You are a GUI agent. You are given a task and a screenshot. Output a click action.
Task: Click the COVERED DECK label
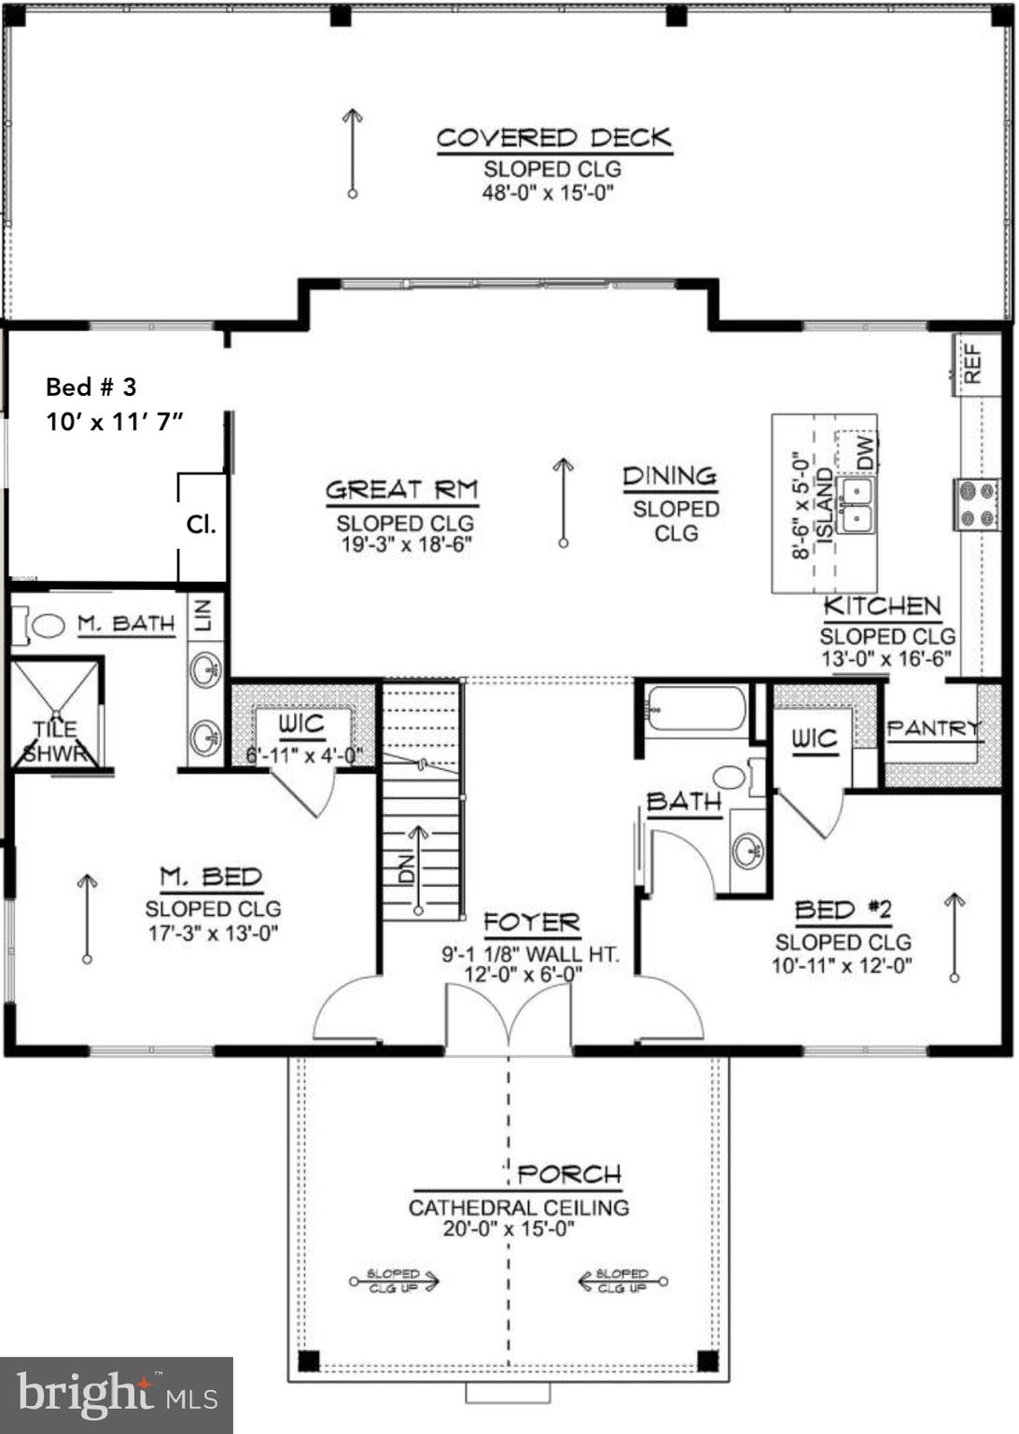554,138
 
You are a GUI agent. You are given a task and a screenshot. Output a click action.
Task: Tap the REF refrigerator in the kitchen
972,364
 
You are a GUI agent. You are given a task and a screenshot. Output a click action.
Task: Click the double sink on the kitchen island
855,505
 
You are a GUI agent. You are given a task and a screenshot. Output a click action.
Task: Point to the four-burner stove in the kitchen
976,504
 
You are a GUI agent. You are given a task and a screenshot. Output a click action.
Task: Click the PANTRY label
933,728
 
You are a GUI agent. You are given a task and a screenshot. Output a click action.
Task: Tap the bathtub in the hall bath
696,709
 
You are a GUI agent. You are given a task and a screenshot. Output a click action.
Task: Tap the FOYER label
532,923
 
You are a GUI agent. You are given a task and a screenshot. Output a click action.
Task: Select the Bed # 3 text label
91,387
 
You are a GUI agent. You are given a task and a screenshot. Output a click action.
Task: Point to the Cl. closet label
201,524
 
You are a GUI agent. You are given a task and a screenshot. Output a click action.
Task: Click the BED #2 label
843,909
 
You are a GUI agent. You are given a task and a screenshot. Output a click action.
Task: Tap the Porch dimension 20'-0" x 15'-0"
509,1229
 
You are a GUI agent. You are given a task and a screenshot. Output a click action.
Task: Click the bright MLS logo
117,1395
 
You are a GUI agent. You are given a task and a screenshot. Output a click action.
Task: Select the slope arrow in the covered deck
352,152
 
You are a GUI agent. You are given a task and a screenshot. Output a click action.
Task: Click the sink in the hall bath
747,851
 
